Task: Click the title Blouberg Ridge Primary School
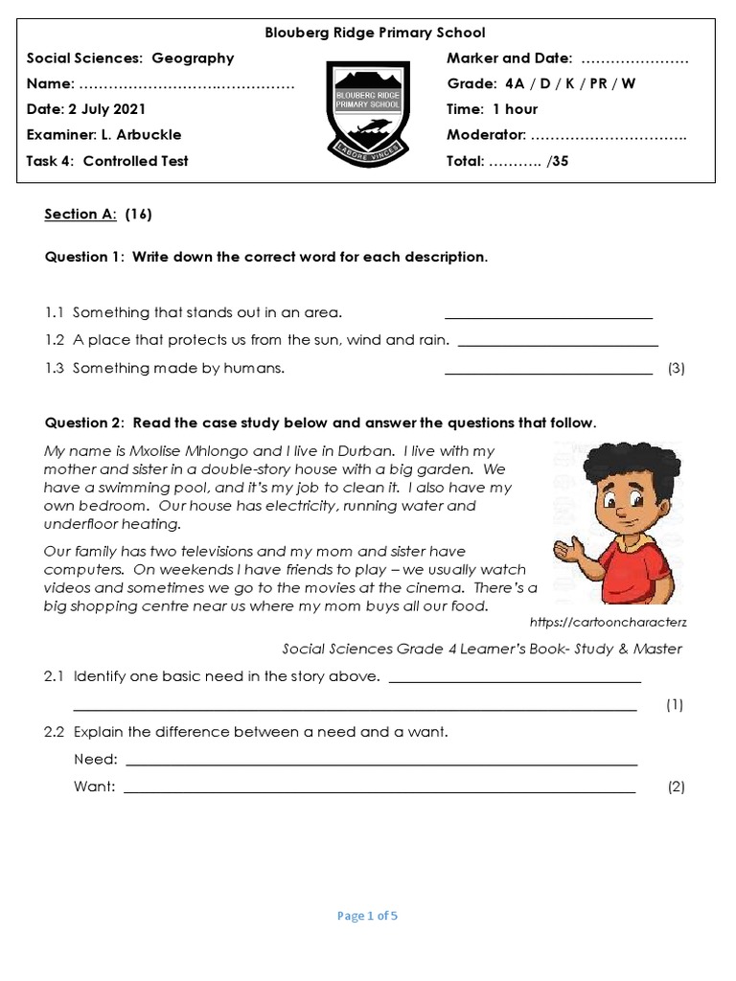click(x=375, y=33)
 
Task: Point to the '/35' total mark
click(x=557, y=161)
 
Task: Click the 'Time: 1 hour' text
click(x=493, y=109)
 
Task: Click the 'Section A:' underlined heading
click(x=80, y=215)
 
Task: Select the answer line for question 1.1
click(x=548, y=317)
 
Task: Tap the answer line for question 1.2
click(x=559, y=344)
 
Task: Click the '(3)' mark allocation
click(x=676, y=369)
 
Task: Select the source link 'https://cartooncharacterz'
click(x=609, y=622)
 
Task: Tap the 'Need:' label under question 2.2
click(x=96, y=760)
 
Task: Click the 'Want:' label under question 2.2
click(x=95, y=787)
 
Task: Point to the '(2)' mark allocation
click(x=676, y=787)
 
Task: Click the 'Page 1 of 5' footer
click(x=367, y=916)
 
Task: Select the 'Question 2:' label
click(x=84, y=422)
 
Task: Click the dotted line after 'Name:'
click(x=187, y=84)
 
